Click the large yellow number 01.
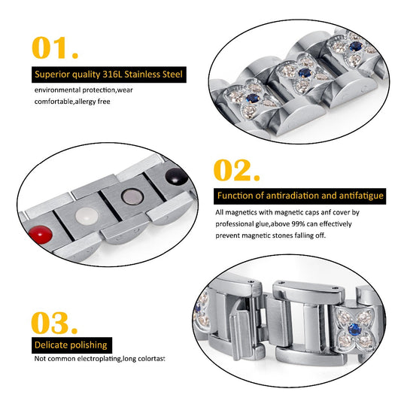[x=55, y=48]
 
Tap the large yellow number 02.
[x=236, y=170]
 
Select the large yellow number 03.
[x=54, y=323]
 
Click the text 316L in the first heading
[x=112, y=74]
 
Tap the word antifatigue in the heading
[x=361, y=196]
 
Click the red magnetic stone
[x=41, y=235]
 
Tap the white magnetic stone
[x=87, y=216]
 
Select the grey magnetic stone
[x=132, y=196]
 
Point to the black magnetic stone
[x=177, y=176]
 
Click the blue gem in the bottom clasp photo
[x=354, y=330]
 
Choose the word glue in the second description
[x=262, y=224]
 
